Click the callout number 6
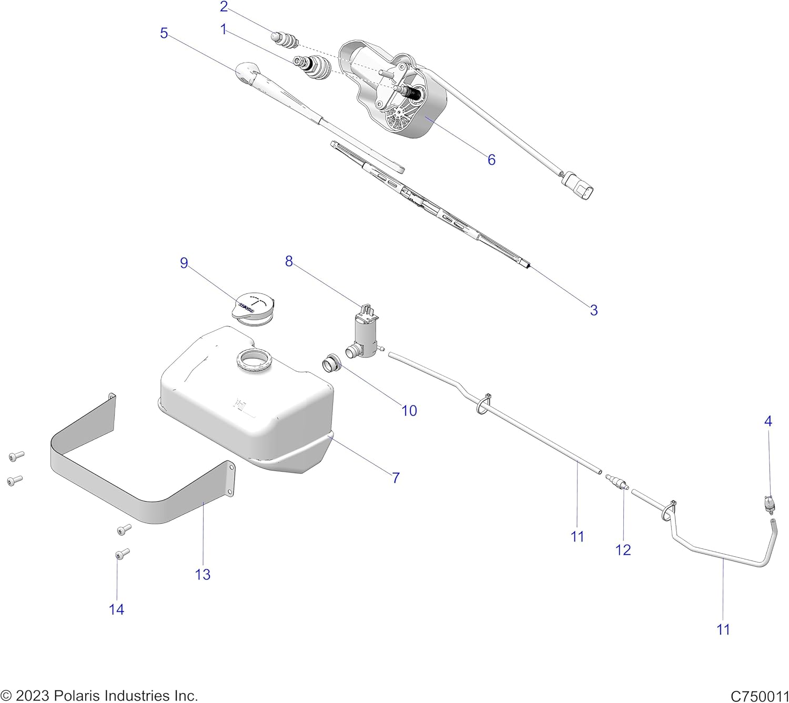click(491, 159)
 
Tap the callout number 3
click(593, 310)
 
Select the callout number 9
click(184, 263)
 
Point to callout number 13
click(203, 574)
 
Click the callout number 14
click(116, 609)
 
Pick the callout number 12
click(623, 549)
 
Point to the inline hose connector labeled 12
click(617, 482)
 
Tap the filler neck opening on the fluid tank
click(256, 361)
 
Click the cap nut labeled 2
click(285, 39)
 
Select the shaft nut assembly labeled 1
click(314, 68)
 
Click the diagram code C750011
click(759, 696)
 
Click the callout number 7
click(396, 477)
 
